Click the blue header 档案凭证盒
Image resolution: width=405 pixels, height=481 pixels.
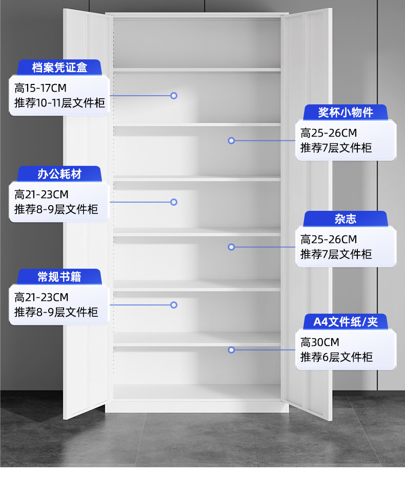pos(59,67)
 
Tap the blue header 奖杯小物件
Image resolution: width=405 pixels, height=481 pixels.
pos(346,112)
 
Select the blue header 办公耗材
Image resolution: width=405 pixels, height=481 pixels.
pos(59,174)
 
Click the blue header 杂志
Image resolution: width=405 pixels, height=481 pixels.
pos(346,219)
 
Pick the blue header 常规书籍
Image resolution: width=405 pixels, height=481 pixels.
pos(59,277)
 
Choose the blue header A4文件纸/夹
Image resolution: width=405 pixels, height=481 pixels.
pos(346,322)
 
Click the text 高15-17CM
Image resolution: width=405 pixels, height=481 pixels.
pos(40,88)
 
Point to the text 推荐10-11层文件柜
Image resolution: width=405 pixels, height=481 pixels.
pos(59,103)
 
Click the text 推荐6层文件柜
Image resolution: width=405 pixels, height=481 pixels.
pos(336,357)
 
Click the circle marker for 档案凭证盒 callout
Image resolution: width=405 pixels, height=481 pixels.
pos(174,95)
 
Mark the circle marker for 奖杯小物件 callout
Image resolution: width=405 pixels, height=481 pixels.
pos(231,140)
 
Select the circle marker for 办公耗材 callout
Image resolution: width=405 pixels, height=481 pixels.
pos(174,202)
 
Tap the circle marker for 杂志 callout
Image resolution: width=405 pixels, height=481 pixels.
pos(231,247)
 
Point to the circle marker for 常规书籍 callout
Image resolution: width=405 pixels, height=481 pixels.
pos(174,305)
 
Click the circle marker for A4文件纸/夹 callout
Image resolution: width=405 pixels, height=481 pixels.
pos(231,350)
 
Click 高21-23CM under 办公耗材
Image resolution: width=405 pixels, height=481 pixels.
pos(42,195)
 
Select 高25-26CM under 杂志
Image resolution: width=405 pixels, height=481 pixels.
pos(329,239)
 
